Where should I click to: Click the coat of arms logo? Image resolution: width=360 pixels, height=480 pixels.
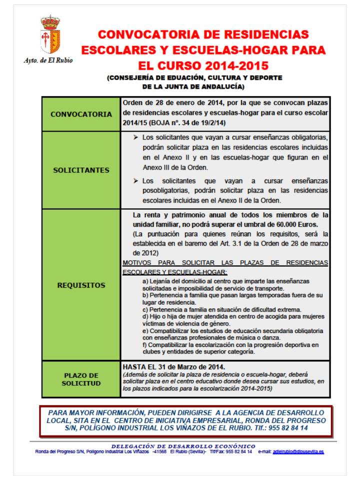[x=50, y=35]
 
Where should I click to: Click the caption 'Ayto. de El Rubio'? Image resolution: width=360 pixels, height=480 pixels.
[x=48, y=60]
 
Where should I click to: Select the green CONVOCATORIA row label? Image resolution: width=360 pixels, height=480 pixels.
[x=81, y=114]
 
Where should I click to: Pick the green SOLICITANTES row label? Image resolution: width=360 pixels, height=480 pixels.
[x=81, y=170]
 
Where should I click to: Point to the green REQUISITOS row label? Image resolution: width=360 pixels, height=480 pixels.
[x=81, y=285]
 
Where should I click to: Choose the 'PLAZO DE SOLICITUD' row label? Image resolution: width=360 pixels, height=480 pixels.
[x=81, y=379]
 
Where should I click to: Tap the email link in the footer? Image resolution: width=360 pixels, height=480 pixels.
[x=298, y=451]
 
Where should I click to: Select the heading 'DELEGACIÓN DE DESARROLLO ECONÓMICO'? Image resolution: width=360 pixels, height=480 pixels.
[x=183, y=446]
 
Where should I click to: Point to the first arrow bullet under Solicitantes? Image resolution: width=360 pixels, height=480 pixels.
[x=136, y=137]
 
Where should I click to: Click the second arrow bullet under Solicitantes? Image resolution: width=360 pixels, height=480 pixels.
[x=136, y=180]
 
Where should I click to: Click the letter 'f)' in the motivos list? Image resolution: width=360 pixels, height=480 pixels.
[x=144, y=345]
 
